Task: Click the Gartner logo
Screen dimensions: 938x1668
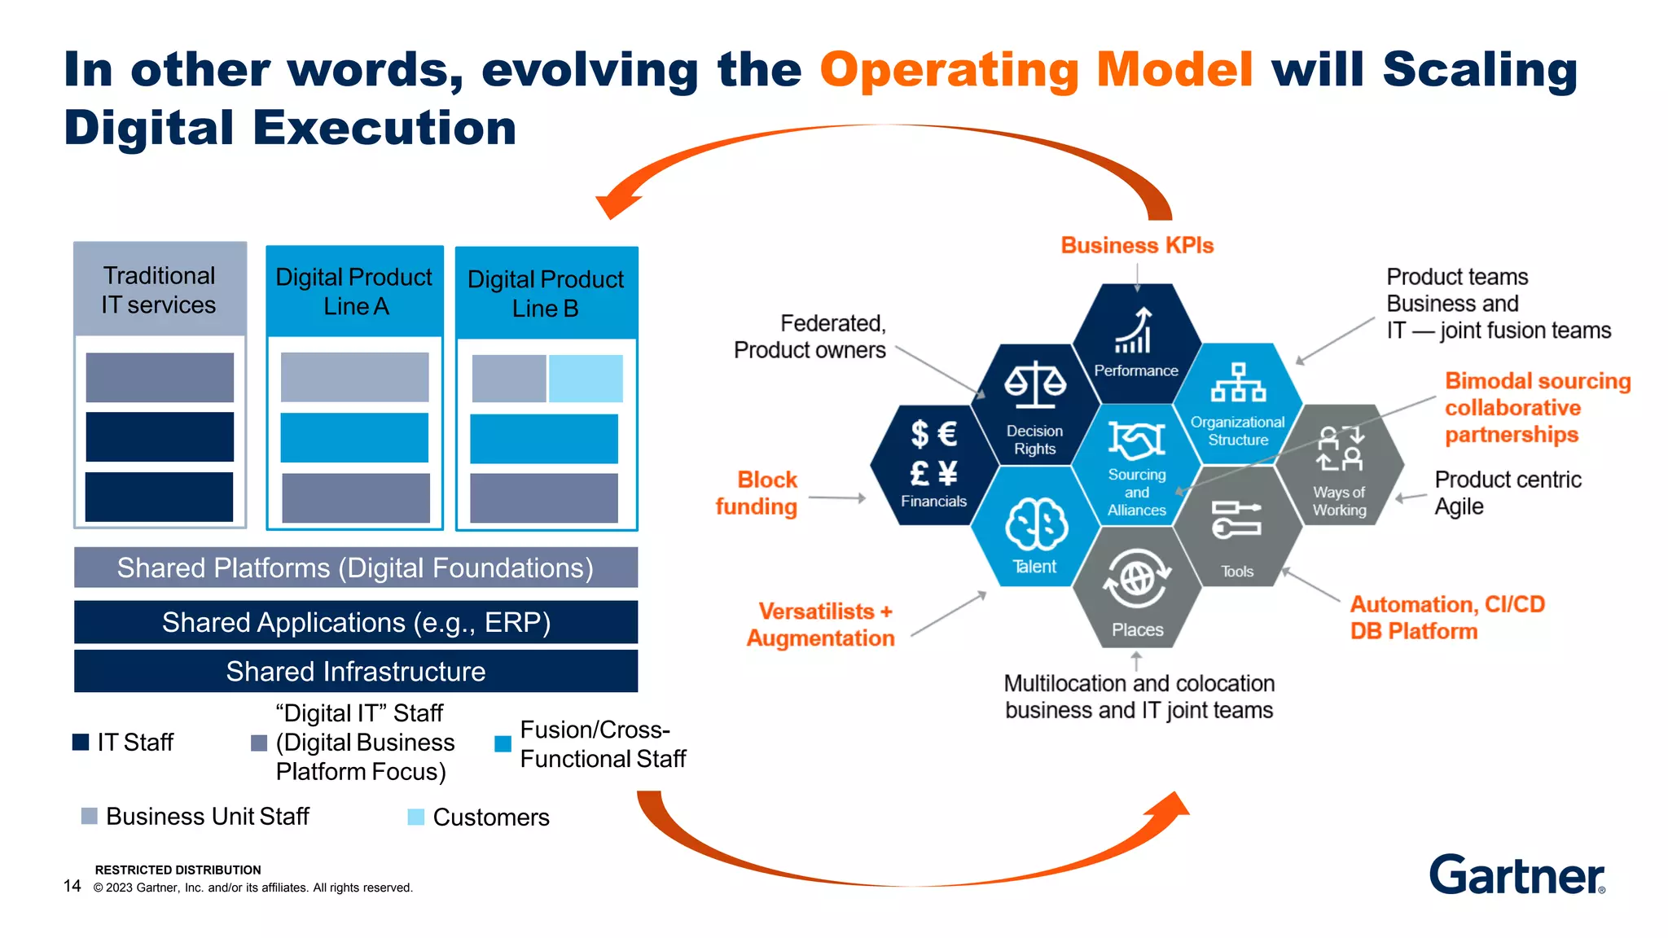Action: coord(1517,874)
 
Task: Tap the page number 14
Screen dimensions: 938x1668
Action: coord(72,886)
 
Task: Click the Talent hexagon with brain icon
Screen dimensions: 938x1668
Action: coord(1035,527)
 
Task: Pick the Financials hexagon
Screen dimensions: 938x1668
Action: coord(933,465)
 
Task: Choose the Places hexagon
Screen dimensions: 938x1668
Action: coord(1137,588)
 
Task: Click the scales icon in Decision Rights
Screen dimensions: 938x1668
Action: coord(1034,385)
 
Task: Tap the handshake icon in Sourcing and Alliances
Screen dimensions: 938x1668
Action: coord(1136,441)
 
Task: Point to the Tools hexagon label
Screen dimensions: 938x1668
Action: coord(1237,572)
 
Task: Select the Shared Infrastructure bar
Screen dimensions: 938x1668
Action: coord(356,671)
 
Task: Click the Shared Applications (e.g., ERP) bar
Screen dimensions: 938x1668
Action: coord(356,622)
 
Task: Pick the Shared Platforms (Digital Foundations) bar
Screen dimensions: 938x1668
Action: coord(356,568)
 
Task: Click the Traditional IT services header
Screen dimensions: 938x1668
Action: coord(160,289)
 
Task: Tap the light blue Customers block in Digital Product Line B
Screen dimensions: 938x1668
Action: coord(586,379)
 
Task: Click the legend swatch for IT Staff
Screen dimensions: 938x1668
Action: coord(81,742)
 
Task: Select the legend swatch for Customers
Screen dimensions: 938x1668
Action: coord(416,817)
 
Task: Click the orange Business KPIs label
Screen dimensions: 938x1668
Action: coord(1137,245)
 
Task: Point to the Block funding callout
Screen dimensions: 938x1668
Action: coord(757,493)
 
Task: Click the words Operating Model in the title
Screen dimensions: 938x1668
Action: coord(1036,69)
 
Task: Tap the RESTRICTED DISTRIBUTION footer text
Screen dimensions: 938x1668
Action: coord(178,870)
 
